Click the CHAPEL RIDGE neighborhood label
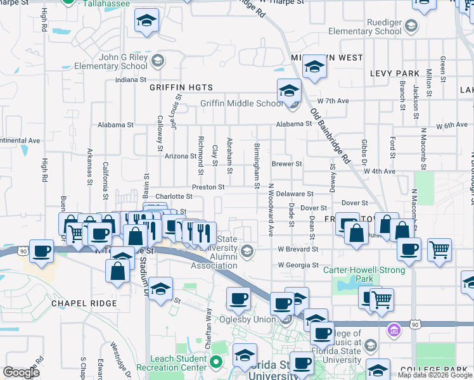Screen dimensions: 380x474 84,303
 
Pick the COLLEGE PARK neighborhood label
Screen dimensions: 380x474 442,369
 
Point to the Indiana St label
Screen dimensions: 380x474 131,80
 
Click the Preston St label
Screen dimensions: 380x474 208,187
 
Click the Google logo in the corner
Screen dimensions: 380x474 21,372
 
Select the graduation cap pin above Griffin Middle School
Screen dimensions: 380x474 288,90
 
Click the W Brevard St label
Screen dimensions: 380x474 298,250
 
